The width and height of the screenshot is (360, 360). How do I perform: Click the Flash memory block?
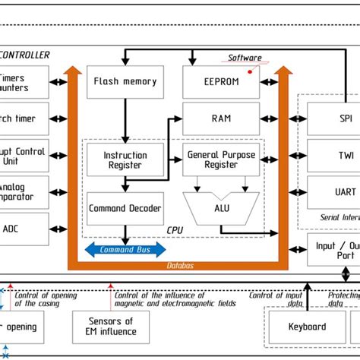125,82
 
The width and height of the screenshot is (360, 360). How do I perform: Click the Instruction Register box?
125,160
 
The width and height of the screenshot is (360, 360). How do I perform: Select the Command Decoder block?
125,207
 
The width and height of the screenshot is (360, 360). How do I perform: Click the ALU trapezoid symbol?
221,207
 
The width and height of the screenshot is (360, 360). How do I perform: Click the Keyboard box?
308,327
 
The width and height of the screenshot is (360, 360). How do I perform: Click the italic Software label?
245,58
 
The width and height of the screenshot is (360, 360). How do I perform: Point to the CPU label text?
175,229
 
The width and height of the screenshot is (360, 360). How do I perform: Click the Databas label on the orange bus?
179,264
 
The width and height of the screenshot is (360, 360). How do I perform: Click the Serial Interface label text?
339,215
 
